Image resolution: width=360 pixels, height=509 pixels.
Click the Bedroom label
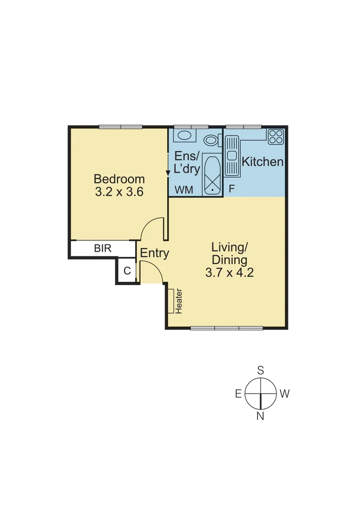point(119,179)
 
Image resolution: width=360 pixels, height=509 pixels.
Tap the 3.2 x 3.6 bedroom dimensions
point(119,192)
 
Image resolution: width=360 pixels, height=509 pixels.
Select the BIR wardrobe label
point(103,248)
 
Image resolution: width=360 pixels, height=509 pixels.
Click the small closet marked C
point(127,271)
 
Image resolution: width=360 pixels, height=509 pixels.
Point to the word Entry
point(155,254)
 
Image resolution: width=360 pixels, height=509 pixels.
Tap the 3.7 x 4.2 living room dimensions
point(229,272)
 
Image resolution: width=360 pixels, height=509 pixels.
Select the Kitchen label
point(262,162)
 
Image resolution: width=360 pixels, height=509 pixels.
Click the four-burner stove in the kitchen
point(276,137)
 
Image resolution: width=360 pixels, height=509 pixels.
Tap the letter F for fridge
point(231,189)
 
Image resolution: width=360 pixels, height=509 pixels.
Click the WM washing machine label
point(184,190)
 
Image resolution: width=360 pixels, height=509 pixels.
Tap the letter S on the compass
point(260,370)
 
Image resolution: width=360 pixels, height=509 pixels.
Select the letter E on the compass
point(238,394)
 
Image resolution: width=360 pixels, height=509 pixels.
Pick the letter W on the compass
point(284,394)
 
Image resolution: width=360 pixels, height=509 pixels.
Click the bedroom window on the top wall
point(121,126)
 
